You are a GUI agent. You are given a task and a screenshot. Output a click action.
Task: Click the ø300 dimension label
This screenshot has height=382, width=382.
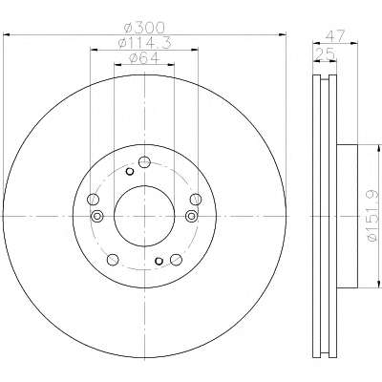click(144, 28)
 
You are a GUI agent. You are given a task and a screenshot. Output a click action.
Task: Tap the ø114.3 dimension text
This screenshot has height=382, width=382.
click(144, 43)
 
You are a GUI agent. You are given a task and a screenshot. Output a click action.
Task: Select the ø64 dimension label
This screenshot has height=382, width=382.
click(144, 58)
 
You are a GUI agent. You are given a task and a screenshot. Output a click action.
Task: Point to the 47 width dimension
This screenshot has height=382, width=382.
click(336, 35)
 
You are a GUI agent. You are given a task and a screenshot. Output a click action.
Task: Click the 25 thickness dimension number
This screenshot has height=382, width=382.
click(325, 54)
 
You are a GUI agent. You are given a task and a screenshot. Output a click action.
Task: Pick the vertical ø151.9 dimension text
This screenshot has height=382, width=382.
click(373, 217)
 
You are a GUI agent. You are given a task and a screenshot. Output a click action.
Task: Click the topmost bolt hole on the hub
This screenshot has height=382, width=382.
click(144, 162)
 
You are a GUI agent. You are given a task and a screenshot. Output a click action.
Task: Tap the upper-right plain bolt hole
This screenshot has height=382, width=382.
click(196, 200)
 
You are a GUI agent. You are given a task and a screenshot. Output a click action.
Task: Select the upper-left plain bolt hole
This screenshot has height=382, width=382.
click(93, 200)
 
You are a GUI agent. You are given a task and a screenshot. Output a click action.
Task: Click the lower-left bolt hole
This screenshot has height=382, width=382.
click(113, 260)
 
